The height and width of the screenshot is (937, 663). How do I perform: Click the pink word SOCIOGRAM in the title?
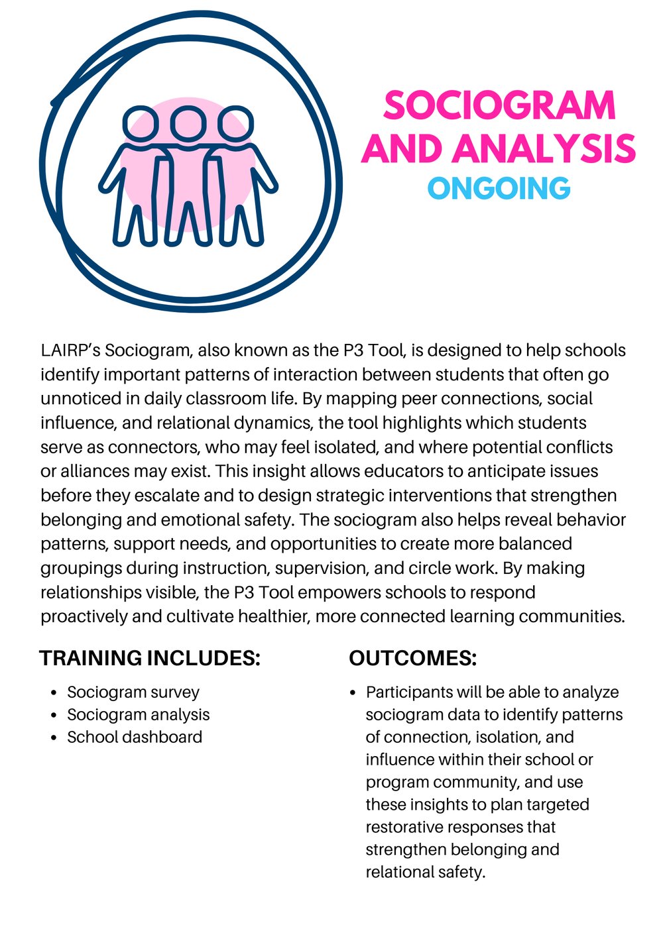(x=500, y=106)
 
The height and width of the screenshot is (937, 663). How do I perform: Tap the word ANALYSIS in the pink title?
(x=556, y=148)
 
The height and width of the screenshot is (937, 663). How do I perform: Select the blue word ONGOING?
(x=499, y=189)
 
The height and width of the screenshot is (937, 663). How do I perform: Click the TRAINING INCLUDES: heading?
(x=150, y=658)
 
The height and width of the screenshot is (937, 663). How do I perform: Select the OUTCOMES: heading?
(x=412, y=658)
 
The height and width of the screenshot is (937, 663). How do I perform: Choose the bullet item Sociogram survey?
(x=133, y=692)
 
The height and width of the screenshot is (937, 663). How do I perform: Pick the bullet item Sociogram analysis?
(x=138, y=715)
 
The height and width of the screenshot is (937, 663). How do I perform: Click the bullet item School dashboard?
(x=135, y=738)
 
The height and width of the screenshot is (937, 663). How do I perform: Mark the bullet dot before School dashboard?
(x=54, y=738)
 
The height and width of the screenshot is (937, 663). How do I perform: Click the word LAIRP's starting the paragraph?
(x=70, y=351)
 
